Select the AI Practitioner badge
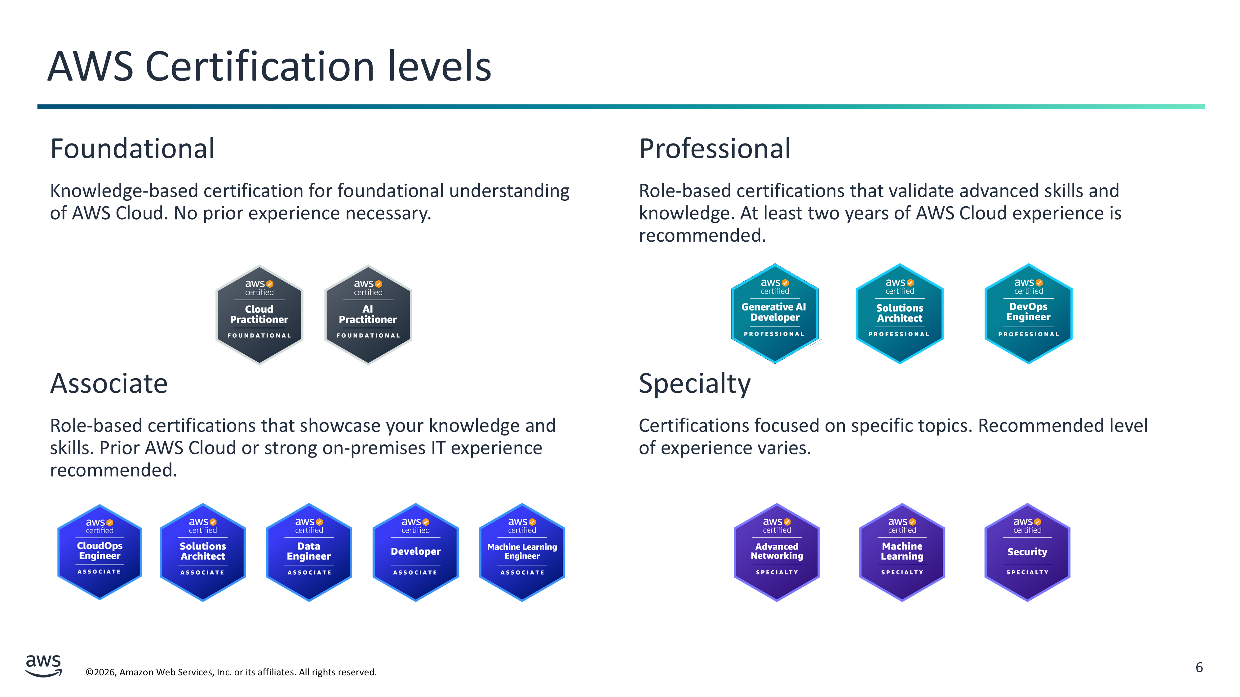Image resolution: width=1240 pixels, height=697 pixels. tap(368, 315)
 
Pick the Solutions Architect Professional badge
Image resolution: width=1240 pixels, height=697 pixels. tap(899, 313)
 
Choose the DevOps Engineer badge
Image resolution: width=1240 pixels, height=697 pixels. tap(1028, 313)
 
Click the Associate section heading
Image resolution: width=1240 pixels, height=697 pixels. tap(109, 384)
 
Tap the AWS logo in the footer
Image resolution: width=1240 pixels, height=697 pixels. tap(44, 665)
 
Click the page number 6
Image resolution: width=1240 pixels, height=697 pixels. tap(1199, 667)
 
